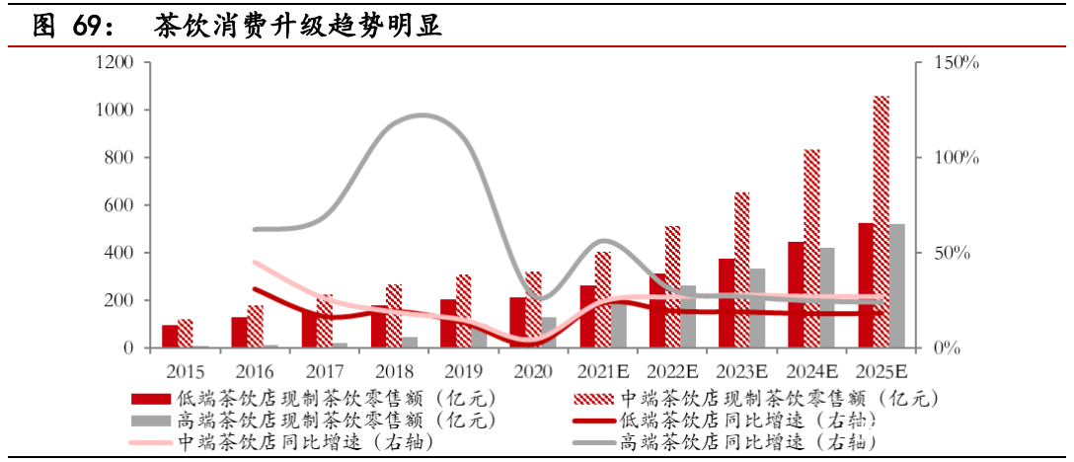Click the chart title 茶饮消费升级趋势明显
pos(297,27)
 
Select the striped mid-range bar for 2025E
pos(882,222)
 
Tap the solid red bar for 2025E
pos(866,285)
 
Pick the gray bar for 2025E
pos(897,285)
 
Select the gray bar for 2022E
pos(688,316)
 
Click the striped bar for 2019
pos(464,311)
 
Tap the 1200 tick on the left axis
pos(115,63)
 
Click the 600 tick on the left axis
pos(119,205)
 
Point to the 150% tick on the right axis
pos(955,63)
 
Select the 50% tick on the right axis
pos(951,253)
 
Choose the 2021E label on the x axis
pos(603,373)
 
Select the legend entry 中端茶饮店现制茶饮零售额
pos(776,399)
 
